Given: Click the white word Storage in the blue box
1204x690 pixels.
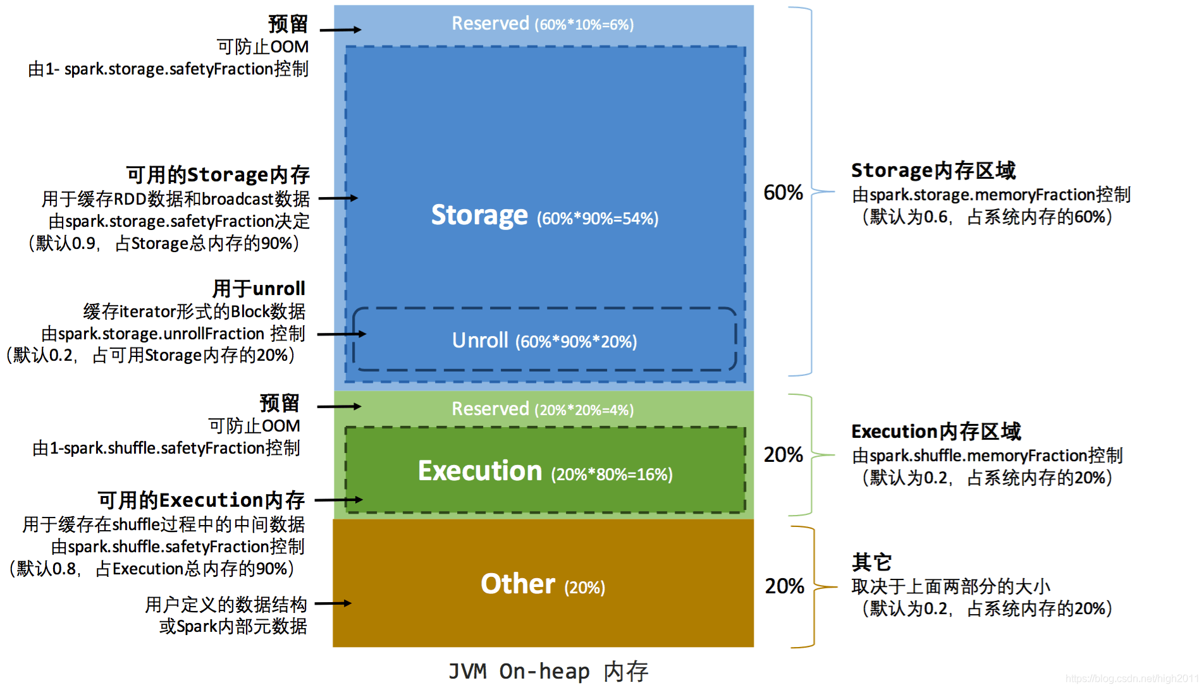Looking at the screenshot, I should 479,215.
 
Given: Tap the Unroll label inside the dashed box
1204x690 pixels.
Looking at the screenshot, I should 480,341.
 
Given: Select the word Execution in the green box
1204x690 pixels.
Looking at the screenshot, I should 480,471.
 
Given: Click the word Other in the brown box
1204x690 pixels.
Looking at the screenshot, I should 517,584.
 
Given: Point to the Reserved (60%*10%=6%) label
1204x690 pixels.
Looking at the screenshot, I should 542,24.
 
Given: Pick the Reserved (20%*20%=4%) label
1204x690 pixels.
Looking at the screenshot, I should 542,409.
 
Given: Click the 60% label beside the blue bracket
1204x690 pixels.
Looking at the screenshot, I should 783,193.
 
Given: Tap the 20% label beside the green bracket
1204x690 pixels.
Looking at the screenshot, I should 783,455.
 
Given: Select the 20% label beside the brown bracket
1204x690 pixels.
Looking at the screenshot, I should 784,586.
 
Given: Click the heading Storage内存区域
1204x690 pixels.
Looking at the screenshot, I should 933,171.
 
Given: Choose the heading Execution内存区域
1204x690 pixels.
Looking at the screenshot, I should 936,432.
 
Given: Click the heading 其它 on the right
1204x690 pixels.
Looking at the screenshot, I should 871,562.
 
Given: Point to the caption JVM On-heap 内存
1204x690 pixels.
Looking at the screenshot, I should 548,671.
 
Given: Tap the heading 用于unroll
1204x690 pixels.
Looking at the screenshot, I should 259,289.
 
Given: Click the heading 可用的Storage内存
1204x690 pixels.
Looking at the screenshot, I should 218,175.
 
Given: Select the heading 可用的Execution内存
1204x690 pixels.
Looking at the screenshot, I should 201,500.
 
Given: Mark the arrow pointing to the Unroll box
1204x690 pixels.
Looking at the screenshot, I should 341,334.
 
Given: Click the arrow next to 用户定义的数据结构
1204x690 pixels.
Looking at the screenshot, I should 333,603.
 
